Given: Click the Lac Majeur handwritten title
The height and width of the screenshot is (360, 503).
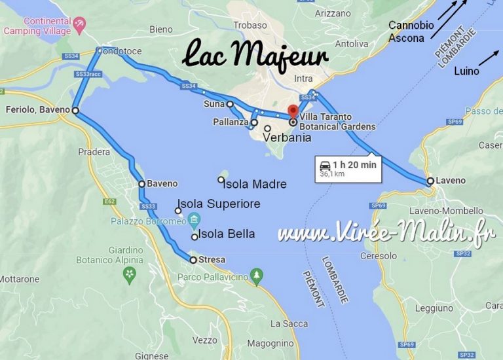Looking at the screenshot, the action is pos(255,56).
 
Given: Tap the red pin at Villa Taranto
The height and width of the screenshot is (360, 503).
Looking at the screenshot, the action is pos(293,111).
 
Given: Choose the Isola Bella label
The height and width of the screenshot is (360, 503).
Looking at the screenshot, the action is pos(226,234).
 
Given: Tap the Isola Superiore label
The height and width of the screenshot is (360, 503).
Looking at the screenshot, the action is pos(219,204).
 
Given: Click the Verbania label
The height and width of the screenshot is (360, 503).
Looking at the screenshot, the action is pos(286,138).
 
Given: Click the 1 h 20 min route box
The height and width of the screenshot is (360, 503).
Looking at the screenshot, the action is pos(346,169).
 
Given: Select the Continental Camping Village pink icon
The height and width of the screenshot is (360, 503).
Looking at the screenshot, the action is pos(80,24).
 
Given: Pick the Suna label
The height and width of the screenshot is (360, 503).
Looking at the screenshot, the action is pos(214,103).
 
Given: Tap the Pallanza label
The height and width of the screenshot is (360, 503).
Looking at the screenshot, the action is pos(231,122).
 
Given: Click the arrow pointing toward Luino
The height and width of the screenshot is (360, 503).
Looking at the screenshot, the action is pos(487,58).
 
